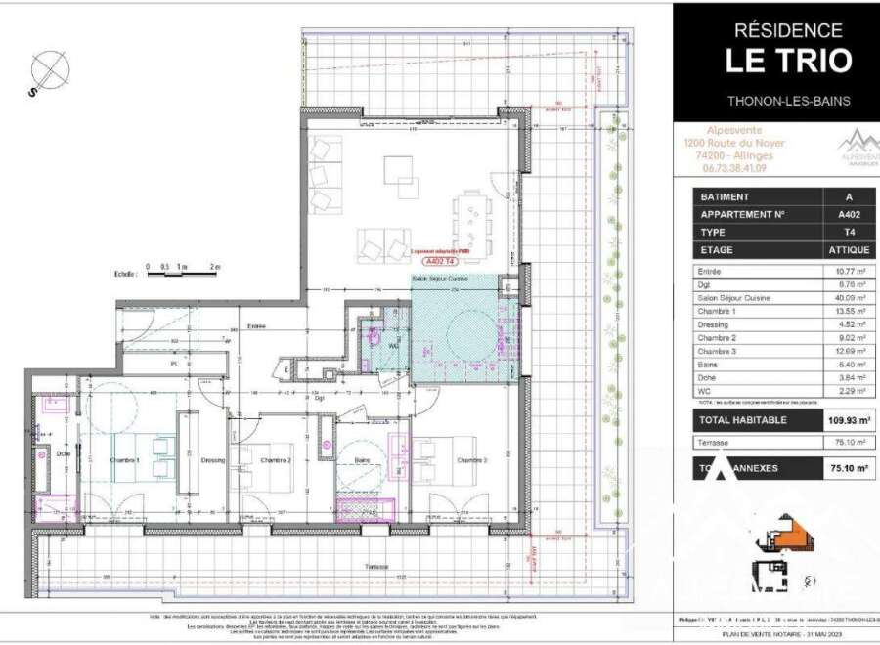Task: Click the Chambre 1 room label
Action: point(124,459)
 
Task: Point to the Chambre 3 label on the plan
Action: point(469,459)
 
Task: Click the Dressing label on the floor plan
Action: point(212,459)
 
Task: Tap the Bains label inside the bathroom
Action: point(362,459)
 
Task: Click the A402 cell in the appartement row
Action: point(834,214)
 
